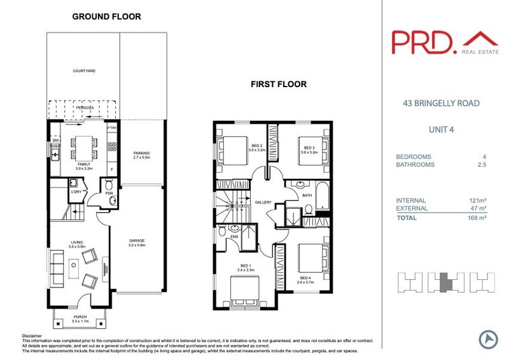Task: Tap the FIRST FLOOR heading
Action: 278,83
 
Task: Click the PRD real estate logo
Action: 444,41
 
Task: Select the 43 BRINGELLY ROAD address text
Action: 442,103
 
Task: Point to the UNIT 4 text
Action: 442,131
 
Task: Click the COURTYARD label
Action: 83,71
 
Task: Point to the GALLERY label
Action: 263,202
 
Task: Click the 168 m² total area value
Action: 477,218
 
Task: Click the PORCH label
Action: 80,317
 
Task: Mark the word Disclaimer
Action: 32,336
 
